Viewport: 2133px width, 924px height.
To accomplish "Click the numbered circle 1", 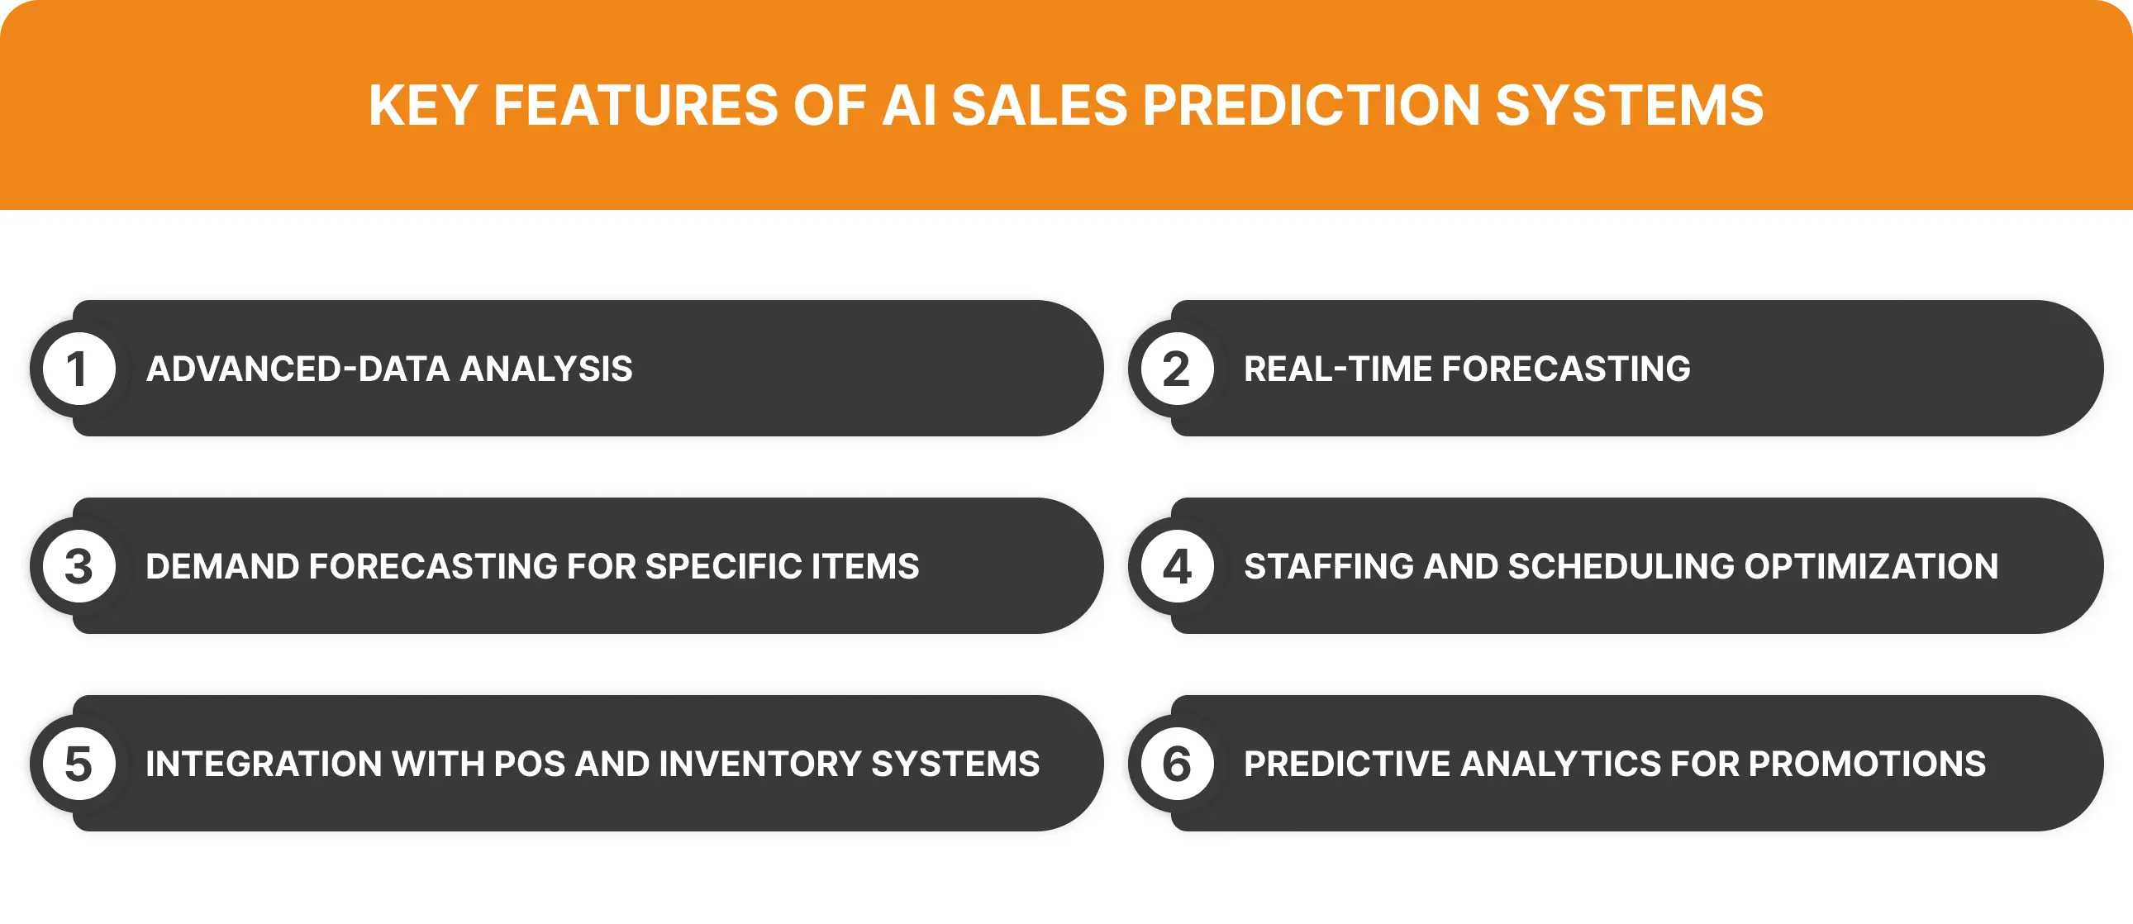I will [x=79, y=369].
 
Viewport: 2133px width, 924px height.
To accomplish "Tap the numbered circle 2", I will [x=1177, y=369].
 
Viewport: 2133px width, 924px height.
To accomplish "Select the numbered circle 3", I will [x=79, y=567].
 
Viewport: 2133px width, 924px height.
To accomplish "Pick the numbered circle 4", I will [x=1177, y=567].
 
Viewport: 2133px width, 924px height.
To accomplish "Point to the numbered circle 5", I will [x=79, y=764].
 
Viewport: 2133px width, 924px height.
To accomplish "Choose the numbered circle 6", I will [x=1177, y=764].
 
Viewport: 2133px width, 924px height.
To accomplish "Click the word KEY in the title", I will [x=422, y=105].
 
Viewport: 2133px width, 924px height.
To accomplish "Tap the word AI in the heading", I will [x=907, y=105].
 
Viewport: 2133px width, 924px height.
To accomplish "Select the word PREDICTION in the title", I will [x=1311, y=105].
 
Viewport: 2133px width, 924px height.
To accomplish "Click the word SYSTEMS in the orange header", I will [x=1630, y=105].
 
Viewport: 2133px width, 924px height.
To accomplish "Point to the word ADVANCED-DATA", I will [x=298, y=369].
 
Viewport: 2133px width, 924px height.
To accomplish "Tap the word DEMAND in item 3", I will [x=221, y=567].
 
